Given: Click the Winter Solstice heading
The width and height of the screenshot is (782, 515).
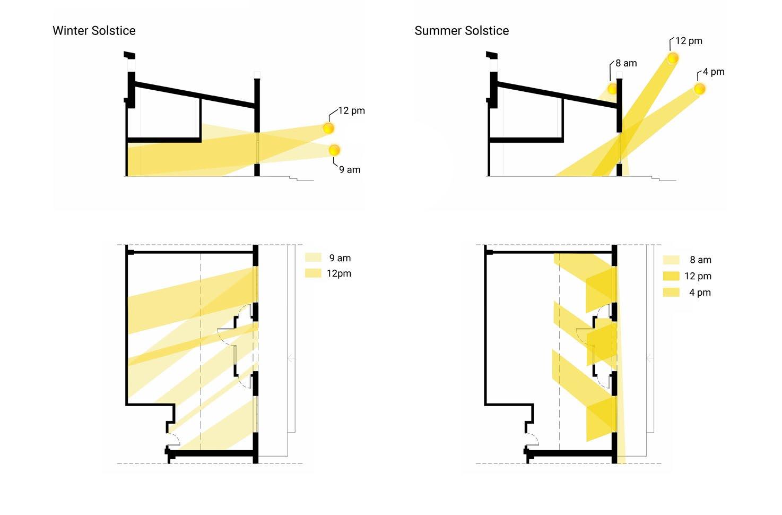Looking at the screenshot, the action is (x=94, y=31).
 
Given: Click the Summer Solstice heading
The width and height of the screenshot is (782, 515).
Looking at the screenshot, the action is (x=462, y=31).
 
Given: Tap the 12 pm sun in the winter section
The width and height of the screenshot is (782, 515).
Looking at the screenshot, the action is (x=328, y=128).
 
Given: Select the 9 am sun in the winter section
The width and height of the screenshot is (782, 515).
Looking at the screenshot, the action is (x=334, y=150).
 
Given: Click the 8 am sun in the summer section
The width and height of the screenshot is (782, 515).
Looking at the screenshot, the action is (x=612, y=89).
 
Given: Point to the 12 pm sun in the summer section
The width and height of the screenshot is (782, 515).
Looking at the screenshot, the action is (x=673, y=58).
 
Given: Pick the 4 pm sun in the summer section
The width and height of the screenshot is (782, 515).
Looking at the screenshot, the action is (x=699, y=89).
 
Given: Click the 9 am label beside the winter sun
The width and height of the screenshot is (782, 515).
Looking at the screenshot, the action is (x=350, y=170).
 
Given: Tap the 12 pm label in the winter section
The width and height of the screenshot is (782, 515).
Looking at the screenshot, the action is (x=352, y=111).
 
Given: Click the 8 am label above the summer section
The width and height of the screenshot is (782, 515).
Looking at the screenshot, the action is (x=627, y=63).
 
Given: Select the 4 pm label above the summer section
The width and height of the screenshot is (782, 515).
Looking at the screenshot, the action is (x=714, y=72).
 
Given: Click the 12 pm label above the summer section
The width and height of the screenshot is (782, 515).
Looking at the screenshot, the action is (x=689, y=41).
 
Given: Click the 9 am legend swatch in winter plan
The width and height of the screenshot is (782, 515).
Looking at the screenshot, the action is (x=313, y=257).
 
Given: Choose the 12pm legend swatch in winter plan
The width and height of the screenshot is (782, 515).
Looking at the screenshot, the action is (x=313, y=273).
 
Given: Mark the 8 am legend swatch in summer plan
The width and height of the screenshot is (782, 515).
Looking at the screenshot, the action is (x=671, y=260).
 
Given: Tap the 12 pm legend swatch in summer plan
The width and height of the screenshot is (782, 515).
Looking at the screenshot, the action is (x=671, y=276).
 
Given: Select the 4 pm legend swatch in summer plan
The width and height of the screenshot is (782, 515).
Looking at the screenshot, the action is (x=671, y=293).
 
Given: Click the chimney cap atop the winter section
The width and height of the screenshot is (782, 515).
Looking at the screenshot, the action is (x=129, y=55).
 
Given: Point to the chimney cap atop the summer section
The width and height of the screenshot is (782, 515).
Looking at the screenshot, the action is (x=492, y=55).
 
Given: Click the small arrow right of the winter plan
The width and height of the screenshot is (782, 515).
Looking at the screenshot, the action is (x=291, y=358).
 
